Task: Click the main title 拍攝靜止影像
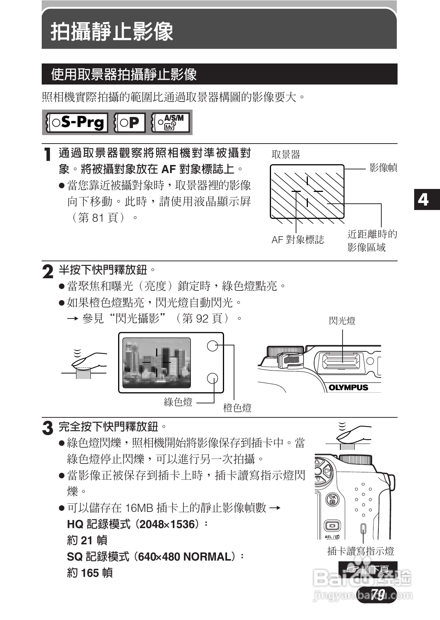coord(112,31)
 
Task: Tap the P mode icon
coord(129,123)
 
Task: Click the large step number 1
coord(47,154)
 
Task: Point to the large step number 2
coord(48,272)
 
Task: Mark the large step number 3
coord(48,428)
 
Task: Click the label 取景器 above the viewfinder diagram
coord(286,155)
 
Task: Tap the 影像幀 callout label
coord(383,168)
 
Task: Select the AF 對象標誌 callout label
coord(298,240)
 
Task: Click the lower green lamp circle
coord(212,378)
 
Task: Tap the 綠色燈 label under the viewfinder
coord(178,402)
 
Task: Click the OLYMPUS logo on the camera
coord(348,387)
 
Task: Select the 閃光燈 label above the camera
coord(342,321)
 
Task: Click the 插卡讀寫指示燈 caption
coord(361,551)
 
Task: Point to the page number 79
coord(378,594)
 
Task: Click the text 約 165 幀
coord(90,573)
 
